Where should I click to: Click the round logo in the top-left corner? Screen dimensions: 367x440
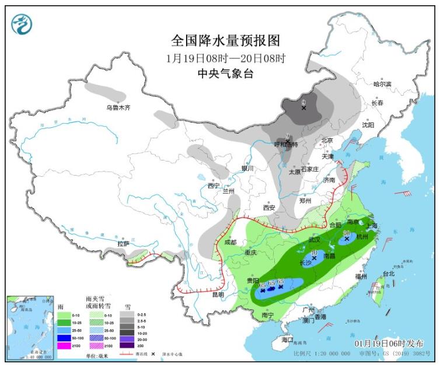tap(22, 24)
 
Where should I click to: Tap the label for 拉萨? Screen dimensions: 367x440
tap(123, 243)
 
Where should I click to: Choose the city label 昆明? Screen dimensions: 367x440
tap(218, 295)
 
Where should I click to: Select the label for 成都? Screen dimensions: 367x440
tap(230, 242)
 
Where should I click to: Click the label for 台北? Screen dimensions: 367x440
tap(388, 273)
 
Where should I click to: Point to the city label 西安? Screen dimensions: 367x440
tap(268, 207)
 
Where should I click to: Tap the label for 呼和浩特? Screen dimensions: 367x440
tap(287, 144)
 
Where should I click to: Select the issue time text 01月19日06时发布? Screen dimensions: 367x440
tap(389, 344)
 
